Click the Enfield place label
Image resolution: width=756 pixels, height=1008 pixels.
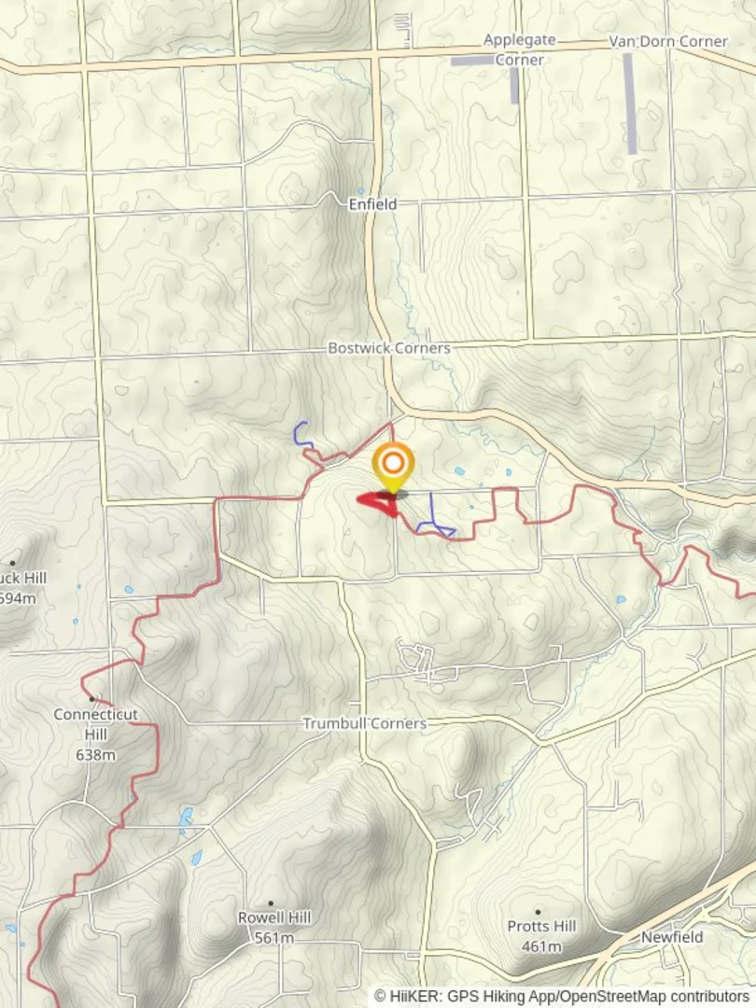click(x=372, y=203)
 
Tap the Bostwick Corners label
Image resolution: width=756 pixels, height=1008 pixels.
click(x=388, y=348)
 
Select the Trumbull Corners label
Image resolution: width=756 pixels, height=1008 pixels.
click(x=364, y=723)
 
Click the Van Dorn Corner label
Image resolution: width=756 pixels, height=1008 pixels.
click(x=667, y=41)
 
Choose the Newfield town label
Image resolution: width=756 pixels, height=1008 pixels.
click(x=671, y=936)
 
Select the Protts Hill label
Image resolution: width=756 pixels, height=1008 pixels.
click(x=541, y=926)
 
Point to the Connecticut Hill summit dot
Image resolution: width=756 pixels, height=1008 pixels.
click(x=91, y=698)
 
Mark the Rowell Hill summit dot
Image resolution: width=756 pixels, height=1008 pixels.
click(x=271, y=903)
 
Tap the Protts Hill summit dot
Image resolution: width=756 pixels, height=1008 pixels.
click(x=538, y=912)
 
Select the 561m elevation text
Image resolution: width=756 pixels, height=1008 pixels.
click(x=273, y=938)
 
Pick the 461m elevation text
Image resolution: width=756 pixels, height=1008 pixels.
click(x=541, y=946)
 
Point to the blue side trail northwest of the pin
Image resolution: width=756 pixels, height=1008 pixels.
click(x=301, y=434)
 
